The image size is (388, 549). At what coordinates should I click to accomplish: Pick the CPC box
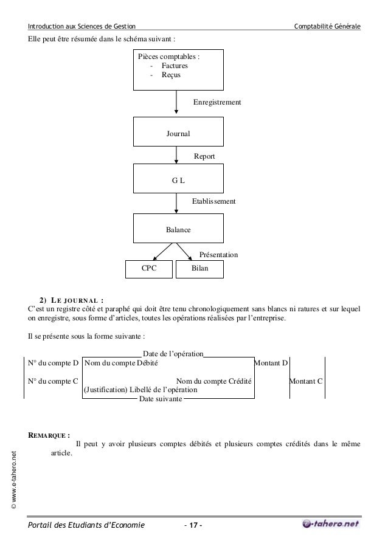point(148,269)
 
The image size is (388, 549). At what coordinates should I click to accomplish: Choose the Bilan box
point(199,269)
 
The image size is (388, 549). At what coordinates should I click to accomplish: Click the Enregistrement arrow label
point(217,103)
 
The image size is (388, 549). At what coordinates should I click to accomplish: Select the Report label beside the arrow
point(204,156)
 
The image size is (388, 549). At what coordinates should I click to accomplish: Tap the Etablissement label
point(214,201)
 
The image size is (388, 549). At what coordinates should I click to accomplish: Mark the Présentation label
point(218,254)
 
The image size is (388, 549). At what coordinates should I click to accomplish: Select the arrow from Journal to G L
point(176,156)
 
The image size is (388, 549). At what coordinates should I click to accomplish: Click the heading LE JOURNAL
point(77,299)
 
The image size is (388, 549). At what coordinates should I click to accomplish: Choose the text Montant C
point(306,381)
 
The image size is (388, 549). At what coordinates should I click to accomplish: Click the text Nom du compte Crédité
point(214,381)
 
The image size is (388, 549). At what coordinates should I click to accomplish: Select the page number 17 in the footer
point(194,525)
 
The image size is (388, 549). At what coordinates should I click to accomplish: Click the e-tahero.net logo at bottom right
point(330,523)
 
